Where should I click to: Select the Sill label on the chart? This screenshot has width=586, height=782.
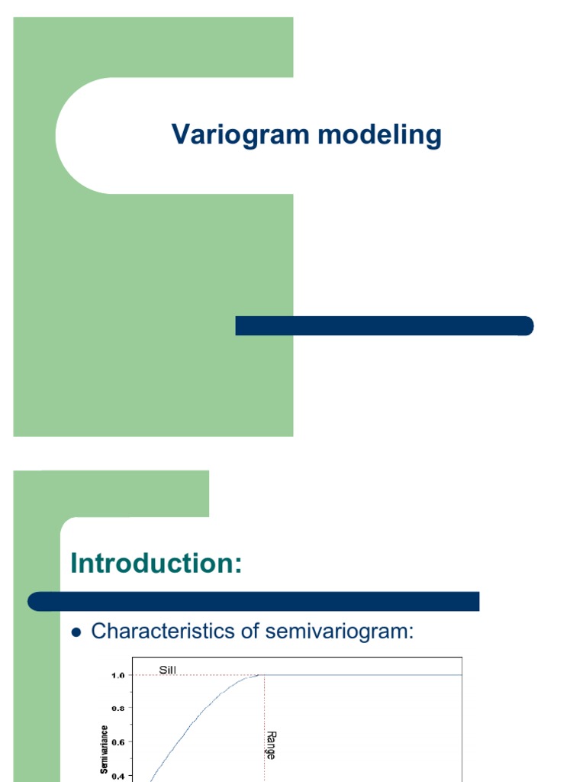(x=168, y=670)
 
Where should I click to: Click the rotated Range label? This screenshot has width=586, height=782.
(x=271, y=744)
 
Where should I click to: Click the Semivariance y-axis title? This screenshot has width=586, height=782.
(x=105, y=748)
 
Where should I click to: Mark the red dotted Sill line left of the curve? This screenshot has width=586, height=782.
(x=191, y=675)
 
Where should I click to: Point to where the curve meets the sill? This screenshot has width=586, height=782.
(x=260, y=675)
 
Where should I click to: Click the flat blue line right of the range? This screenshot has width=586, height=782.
(x=366, y=675)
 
